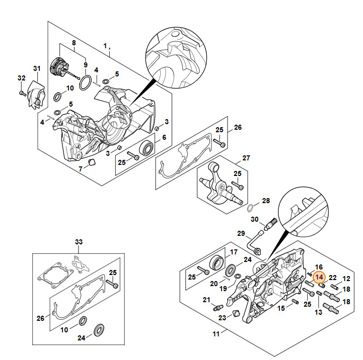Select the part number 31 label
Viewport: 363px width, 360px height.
36,68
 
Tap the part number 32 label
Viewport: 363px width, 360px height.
21,78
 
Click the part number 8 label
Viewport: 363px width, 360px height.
74,43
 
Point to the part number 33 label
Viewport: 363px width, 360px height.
78,242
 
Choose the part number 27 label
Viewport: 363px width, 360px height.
246,158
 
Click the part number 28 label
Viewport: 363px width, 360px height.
266,201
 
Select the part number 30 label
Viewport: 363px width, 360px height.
255,219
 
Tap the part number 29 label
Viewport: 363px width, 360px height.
241,233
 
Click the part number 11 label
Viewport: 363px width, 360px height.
215,334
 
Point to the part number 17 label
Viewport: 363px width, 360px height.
234,252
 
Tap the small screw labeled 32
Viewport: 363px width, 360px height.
23,93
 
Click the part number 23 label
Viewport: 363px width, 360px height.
222,318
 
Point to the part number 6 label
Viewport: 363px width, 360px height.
164,136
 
